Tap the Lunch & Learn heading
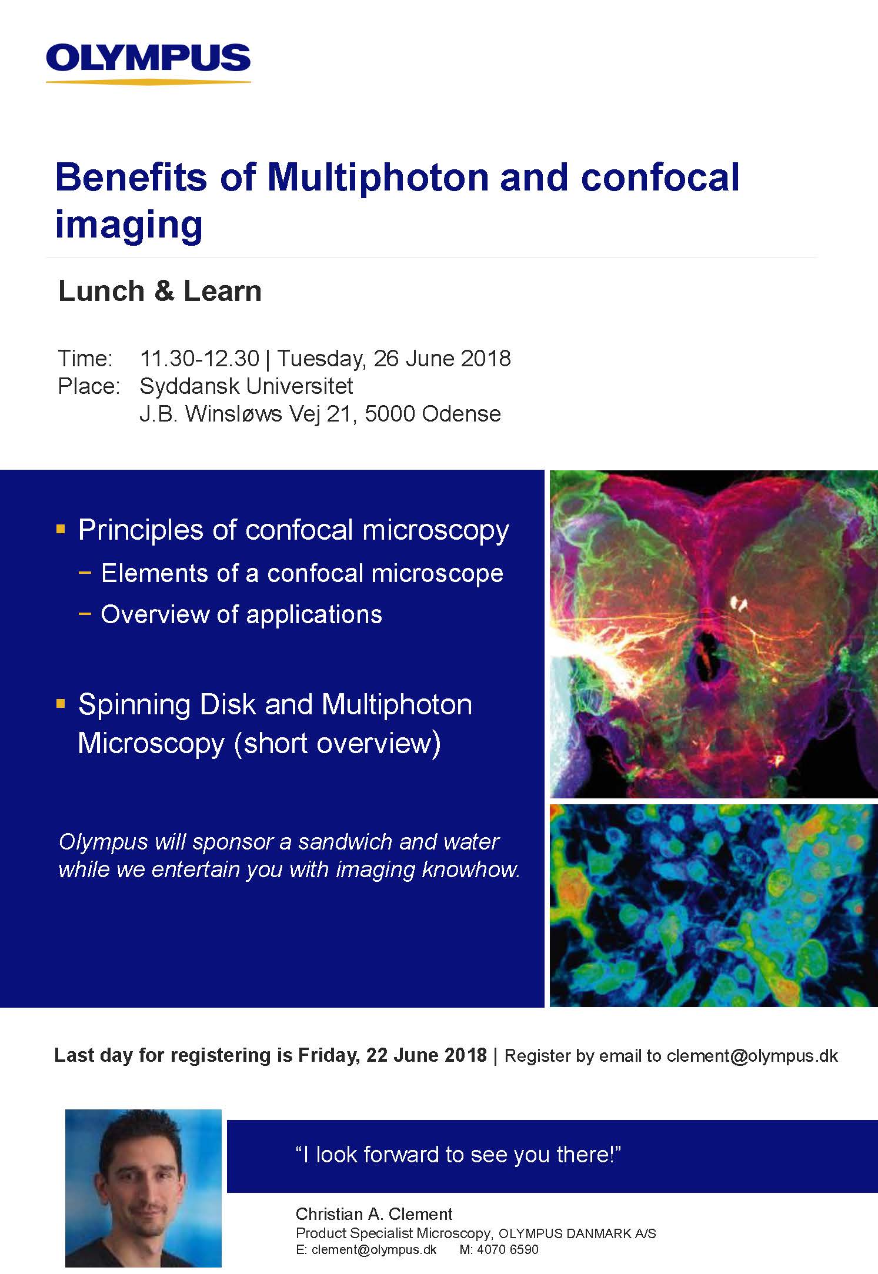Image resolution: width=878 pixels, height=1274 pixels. click(x=160, y=291)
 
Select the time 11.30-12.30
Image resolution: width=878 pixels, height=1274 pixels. click(x=199, y=358)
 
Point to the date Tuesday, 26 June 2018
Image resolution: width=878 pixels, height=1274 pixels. click(x=394, y=359)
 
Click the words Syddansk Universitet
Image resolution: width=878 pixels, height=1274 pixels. click(x=246, y=386)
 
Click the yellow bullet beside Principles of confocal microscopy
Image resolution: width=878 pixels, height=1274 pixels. click(x=61, y=529)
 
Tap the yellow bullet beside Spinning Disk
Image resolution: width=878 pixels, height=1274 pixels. click(x=61, y=703)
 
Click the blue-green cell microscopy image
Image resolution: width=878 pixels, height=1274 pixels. click(x=713, y=905)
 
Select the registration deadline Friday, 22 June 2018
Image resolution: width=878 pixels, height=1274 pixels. click(x=392, y=1055)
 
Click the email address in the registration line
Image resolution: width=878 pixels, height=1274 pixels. click(x=752, y=1056)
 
